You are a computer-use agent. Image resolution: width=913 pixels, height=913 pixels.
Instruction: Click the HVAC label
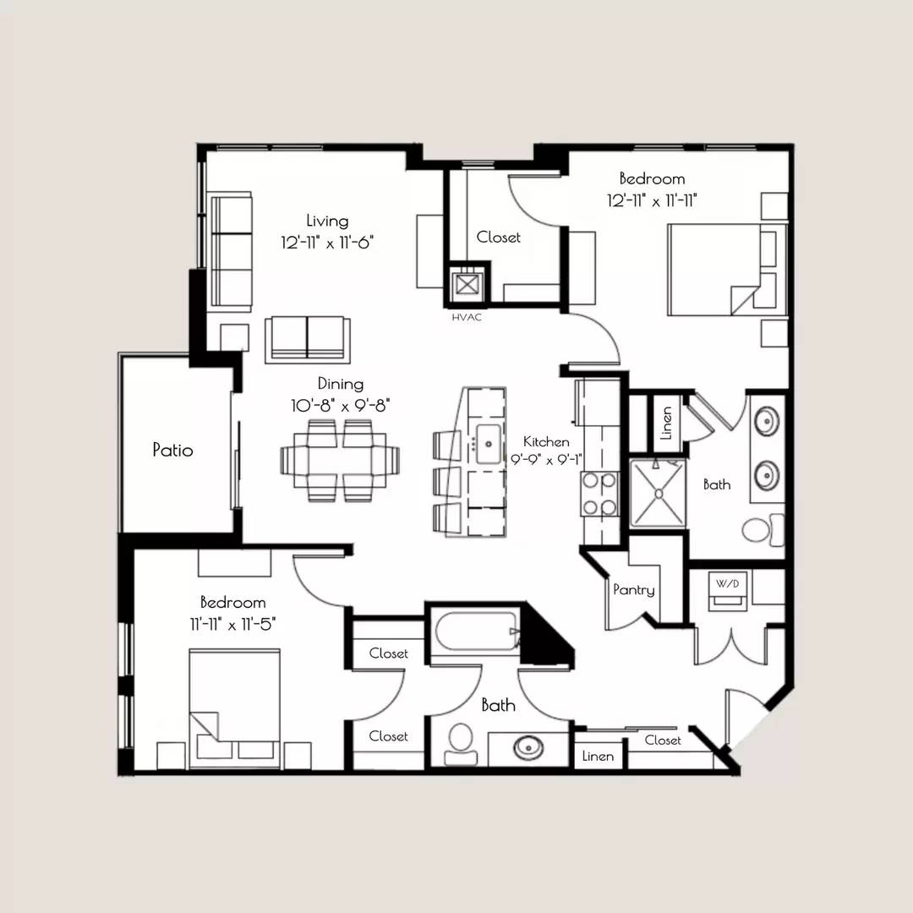(x=467, y=317)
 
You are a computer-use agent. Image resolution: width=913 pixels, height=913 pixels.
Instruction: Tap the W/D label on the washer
(x=727, y=583)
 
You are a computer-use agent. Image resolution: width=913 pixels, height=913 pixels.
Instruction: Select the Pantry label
(x=634, y=590)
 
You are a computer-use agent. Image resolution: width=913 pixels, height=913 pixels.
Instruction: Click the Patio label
(x=172, y=450)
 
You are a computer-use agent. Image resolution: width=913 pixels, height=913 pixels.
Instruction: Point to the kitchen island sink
(x=489, y=444)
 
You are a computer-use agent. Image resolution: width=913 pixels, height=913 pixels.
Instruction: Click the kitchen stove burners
(x=599, y=494)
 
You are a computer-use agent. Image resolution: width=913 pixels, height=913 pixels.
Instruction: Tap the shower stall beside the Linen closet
(x=658, y=494)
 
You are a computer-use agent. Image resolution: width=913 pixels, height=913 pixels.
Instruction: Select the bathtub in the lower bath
(x=477, y=631)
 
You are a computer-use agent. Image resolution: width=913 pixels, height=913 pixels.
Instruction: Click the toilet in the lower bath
(x=461, y=745)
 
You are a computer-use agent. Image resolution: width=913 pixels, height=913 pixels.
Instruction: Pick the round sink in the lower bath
(x=528, y=747)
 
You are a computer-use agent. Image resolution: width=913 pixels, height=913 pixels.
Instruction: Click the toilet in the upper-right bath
(x=763, y=529)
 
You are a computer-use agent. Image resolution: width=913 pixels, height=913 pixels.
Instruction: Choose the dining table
(x=340, y=460)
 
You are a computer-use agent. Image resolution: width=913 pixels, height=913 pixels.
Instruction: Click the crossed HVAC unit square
(x=467, y=285)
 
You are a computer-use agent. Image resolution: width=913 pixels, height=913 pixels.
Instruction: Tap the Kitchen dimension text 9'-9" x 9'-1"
(x=547, y=459)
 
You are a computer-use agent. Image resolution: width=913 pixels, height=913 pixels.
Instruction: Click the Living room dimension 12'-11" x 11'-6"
(x=326, y=243)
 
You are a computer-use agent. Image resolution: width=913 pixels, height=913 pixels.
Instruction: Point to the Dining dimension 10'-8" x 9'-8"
(x=340, y=405)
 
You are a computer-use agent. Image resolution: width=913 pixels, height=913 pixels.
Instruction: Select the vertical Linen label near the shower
(x=667, y=423)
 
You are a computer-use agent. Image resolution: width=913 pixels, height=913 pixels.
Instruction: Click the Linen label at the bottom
(x=598, y=756)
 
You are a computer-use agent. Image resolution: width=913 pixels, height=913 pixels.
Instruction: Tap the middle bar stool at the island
(x=447, y=481)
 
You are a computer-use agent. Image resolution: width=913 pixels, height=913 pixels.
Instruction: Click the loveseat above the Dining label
(x=308, y=340)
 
